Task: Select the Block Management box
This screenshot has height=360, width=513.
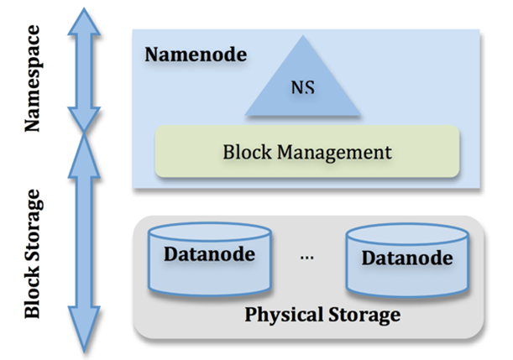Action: tap(307, 152)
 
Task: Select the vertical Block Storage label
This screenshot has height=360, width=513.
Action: tap(33, 253)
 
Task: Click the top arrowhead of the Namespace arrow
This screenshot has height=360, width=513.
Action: tap(84, 20)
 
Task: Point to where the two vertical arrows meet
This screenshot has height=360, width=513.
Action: tap(84, 133)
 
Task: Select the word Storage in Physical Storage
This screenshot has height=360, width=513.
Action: tap(362, 316)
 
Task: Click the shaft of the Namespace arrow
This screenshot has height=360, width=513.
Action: tap(84, 76)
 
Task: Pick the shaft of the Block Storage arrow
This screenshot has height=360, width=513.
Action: tap(84, 243)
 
